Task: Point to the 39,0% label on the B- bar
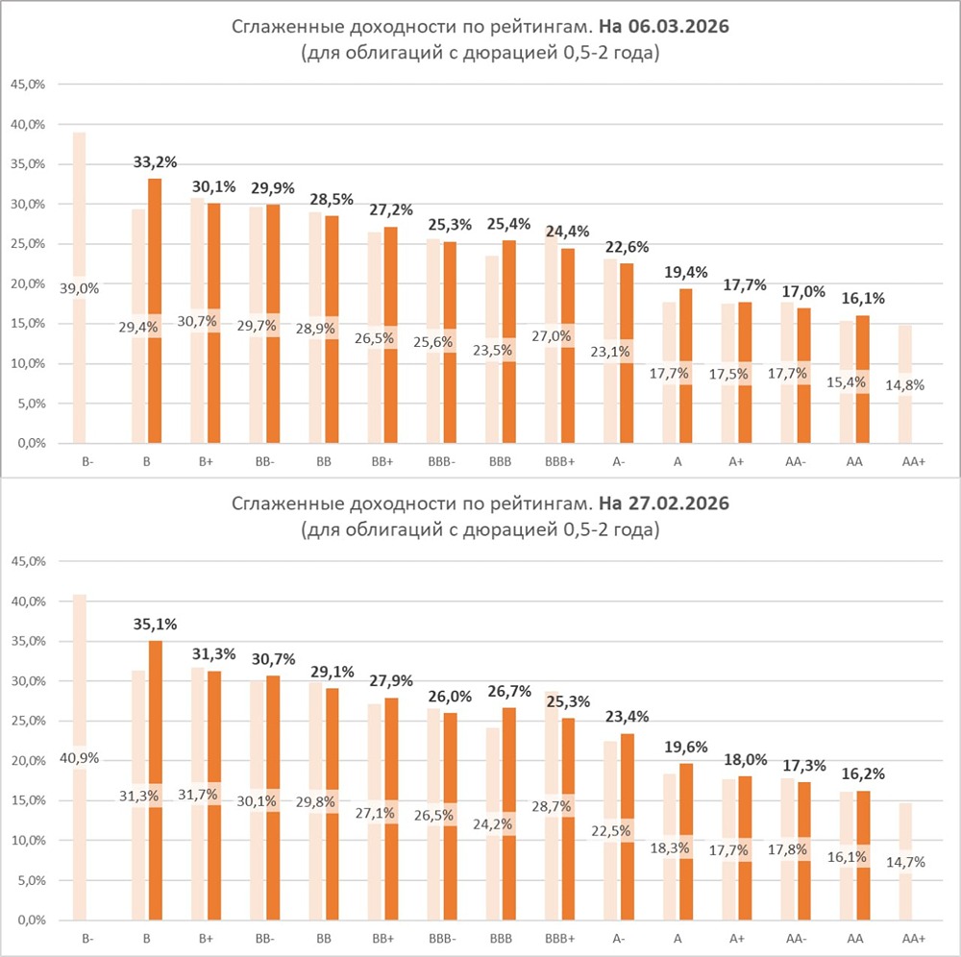(x=80, y=287)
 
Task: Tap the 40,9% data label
(x=80, y=756)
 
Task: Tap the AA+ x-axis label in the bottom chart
(x=913, y=938)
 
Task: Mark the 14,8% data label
(x=906, y=385)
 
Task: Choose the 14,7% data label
(x=906, y=862)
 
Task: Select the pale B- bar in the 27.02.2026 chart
(x=80, y=673)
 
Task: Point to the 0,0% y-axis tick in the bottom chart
(x=29, y=920)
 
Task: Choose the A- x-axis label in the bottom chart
(x=619, y=938)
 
